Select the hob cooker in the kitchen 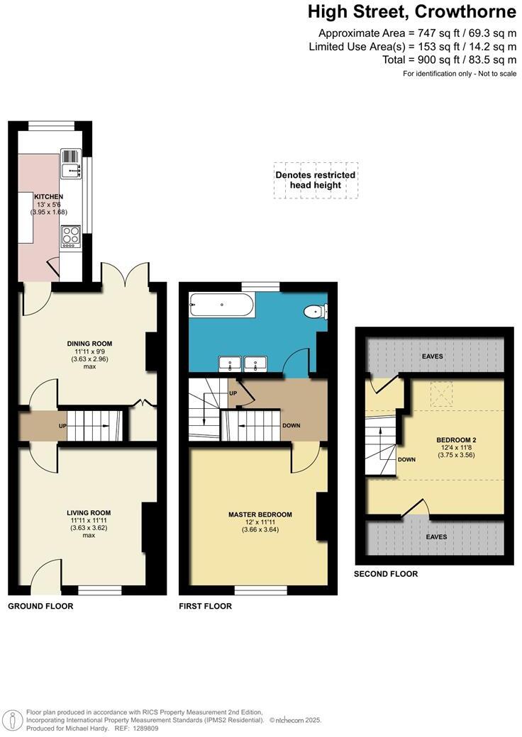(70, 235)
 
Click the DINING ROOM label (89, 344)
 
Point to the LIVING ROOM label (89, 512)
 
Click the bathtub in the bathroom (220, 306)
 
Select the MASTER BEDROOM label (260, 514)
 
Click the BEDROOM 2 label (455, 439)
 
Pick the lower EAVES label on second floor (436, 537)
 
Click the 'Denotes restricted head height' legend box (316, 180)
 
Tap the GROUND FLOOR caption (40, 607)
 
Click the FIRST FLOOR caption (206, 607)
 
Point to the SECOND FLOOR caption (386, 574)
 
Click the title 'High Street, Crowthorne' (411, 12)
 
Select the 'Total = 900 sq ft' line (449, 60)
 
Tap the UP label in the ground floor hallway (62, 427)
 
